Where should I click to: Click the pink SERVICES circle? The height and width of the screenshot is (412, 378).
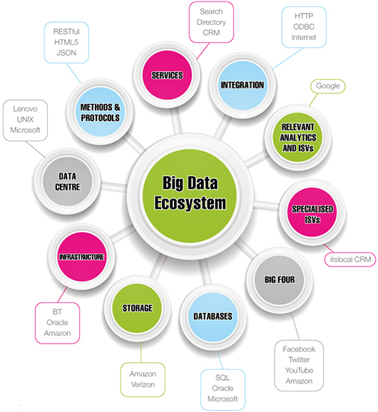tap(167, 75)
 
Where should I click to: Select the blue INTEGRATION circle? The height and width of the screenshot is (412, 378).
tap(242, 86)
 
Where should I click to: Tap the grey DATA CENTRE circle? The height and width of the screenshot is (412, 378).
tap(68, 181)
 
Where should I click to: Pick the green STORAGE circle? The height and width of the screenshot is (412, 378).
tap(137, 308)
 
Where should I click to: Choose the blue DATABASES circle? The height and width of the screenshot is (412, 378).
tap(213, 316)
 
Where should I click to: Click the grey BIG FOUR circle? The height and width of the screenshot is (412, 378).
tap(280, 280)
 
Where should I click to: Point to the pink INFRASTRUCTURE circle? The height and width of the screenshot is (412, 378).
tap(81, 257)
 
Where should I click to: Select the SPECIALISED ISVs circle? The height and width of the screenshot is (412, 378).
tap(312, 212)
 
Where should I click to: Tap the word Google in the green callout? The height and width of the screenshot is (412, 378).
tap(327, 86)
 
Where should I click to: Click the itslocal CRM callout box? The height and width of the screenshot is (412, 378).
tap(350, 259)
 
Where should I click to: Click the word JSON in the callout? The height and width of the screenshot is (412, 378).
tap(66, 53)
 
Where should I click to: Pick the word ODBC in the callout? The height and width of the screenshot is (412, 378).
tap(304, 27)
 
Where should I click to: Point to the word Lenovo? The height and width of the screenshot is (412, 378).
tap(25, 109)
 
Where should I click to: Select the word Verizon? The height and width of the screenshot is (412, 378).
tap(143, 385)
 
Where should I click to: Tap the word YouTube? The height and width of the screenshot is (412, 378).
tap(299, 371)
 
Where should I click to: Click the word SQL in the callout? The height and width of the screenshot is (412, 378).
tap(223, 378)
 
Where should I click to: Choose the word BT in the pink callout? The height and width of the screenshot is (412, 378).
tap(57, 312)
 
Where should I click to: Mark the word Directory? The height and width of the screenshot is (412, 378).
tap(211, 22)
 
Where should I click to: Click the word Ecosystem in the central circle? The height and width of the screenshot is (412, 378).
tap(190, 203)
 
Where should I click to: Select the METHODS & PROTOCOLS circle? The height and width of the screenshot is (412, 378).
tap(100, 112)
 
